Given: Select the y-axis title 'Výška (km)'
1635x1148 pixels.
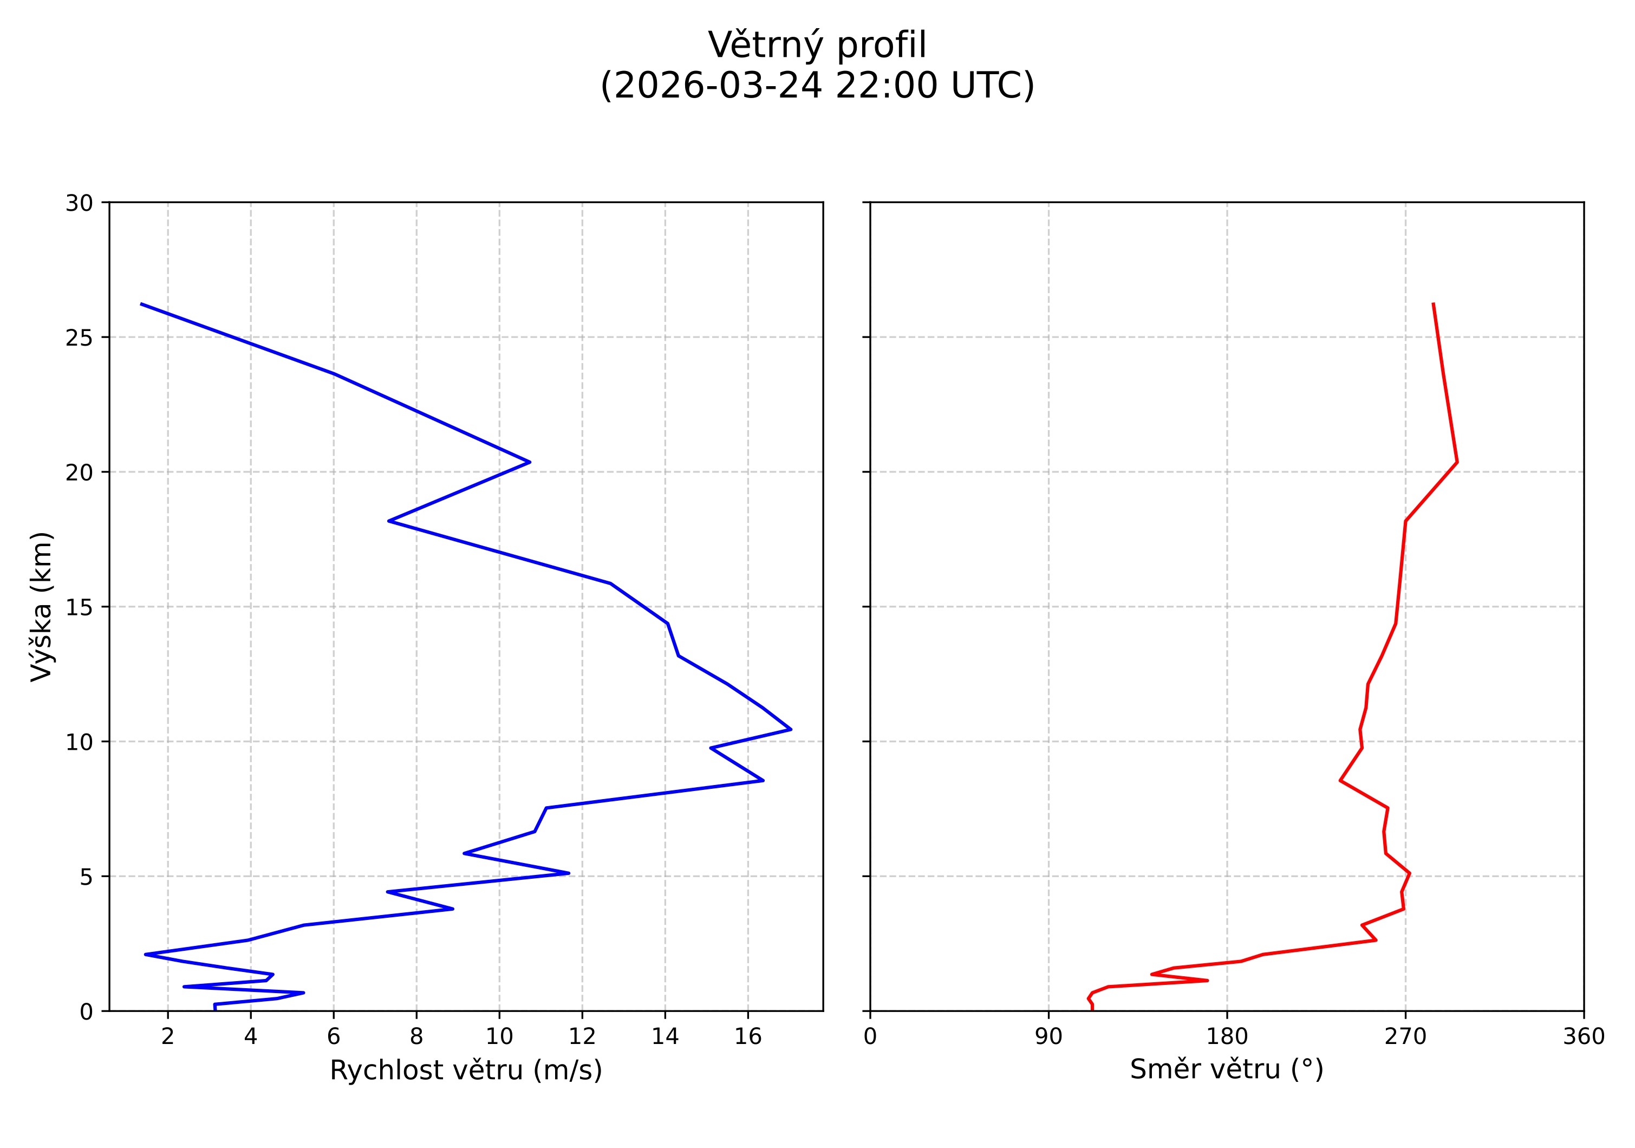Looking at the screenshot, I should [x=41, y=606].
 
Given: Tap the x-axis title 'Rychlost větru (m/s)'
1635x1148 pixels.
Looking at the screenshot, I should [x=466, y=1071].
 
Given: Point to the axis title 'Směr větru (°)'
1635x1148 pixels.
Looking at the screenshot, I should [x=1226, y=1069].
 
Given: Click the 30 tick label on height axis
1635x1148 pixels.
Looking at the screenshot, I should [x=79, y=204].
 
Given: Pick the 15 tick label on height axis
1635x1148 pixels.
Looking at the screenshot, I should [x=79, y=607].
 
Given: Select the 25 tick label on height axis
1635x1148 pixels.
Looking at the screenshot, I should [x=79, y=338].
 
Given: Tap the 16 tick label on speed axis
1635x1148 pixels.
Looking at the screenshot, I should [x=748, y=1037].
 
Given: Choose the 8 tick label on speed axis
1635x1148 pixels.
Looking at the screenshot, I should [x=416, y=1037].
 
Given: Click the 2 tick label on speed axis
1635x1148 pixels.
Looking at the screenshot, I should [x=168, y=1037].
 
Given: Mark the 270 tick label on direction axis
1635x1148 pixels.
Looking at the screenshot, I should [x=1405, y=1037].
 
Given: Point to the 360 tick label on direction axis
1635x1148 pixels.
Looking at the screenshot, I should [x=1584, y=1037].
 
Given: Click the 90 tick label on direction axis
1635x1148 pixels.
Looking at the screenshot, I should [x=1048, y=1037].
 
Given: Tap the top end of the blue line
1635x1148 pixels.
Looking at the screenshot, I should [x=142, y=304].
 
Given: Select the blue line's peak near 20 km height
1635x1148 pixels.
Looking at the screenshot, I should [x=530, y=462].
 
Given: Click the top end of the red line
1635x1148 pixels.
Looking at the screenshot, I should [x=1433, y=304].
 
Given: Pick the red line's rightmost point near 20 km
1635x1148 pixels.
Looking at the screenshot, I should [x=1457, y=462].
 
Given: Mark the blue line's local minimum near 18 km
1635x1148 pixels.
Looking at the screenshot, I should [x=389, y=521].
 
